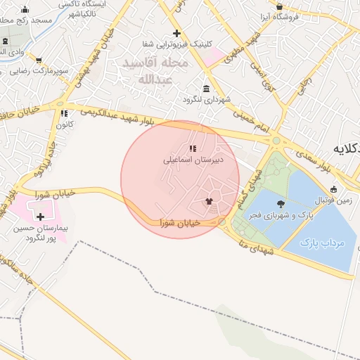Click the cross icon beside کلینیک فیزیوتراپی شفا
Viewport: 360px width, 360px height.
176,33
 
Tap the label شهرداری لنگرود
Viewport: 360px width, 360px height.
206,100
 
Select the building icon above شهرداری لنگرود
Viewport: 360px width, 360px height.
206,89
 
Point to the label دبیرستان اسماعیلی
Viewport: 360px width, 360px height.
193,160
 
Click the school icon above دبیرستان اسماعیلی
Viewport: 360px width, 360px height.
193,148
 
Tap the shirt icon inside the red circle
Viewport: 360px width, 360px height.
208,201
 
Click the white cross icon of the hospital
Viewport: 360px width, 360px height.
40,217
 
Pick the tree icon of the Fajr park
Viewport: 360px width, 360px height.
281,202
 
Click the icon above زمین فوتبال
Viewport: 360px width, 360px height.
333,189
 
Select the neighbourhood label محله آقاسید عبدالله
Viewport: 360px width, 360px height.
147,70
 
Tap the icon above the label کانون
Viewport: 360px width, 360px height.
64,112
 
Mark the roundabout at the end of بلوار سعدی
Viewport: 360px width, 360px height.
276,141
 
